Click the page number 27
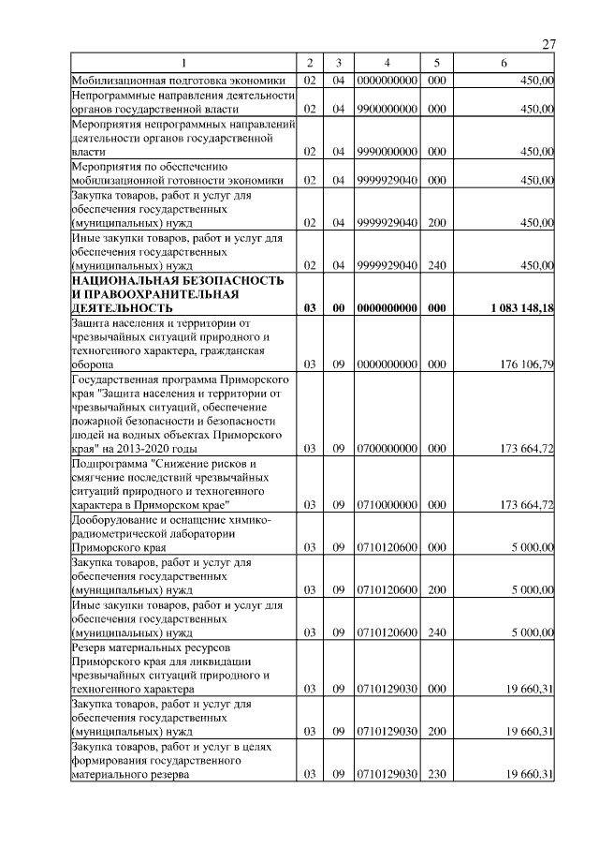tap(549, 45)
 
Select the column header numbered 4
tap(387, 63)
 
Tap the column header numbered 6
tap(504, 63)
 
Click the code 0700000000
tap(387, 449)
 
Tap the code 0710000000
tap(387, 504)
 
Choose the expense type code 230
tap(435, 775)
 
